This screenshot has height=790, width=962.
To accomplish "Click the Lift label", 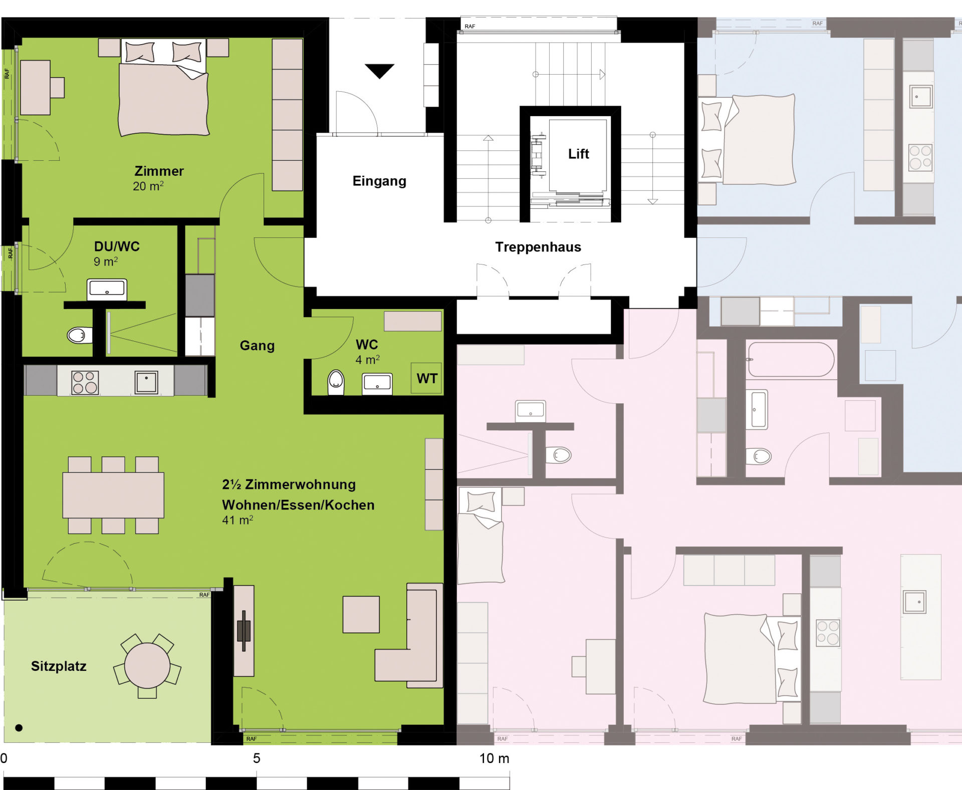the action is [578, 154].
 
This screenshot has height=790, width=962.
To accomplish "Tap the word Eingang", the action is [379, 181].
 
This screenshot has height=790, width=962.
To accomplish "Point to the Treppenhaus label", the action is [538, 247].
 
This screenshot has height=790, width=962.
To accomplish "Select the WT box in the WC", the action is [426, 378].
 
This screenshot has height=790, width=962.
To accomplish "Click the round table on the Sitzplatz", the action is [147, 666].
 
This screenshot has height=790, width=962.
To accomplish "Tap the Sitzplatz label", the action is [59, 666].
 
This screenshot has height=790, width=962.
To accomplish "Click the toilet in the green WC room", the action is [336, 382].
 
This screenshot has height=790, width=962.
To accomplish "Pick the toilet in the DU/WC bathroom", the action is [80, 335].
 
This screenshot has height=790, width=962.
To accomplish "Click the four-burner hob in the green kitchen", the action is [85, 383].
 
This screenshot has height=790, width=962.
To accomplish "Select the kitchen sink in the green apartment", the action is [146, 382].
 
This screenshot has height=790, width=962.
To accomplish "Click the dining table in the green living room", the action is [113, 495].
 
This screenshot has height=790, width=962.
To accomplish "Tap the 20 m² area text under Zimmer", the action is [148, 186].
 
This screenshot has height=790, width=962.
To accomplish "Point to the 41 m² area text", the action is [237, 520].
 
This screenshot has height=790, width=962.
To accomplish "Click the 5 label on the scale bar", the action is [257, 758].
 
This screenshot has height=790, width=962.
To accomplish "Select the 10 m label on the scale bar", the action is [494, 758].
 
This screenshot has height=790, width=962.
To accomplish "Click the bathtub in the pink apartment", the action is [791, 359].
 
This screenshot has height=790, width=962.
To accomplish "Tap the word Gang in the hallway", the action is [257, 346].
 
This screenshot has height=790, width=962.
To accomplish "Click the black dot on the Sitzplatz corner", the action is [19, 728].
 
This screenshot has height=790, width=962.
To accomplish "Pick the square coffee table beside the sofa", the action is [361, 614].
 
